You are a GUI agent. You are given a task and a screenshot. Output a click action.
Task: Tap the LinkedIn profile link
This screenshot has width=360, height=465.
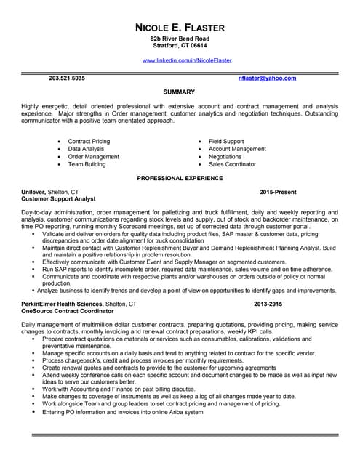pos(187,60)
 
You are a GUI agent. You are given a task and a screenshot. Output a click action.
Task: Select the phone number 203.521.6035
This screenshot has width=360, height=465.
pos(67,78)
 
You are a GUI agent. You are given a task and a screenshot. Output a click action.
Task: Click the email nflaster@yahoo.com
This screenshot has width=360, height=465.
pos(267,78)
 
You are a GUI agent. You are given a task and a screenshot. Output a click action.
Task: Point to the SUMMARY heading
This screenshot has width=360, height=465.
pos(179,92)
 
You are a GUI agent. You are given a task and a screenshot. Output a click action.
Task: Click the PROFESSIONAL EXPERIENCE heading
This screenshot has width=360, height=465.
pos(180,178)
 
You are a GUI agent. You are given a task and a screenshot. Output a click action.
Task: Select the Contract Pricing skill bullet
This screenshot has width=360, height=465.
pos(89,142)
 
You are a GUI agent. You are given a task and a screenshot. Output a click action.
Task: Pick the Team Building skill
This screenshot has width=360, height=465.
pos(87,164)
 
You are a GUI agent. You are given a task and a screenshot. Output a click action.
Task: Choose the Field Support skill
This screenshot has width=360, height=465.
pos(226,142)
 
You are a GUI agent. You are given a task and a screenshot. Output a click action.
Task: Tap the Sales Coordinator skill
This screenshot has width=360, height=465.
pos(232,164)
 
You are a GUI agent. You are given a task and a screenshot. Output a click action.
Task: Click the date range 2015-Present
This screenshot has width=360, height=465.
pos(278,192)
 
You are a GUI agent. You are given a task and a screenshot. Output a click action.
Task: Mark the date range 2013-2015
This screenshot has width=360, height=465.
pos(268,303)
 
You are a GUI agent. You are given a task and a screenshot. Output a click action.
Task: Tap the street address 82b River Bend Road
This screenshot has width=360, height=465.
pos(180,39)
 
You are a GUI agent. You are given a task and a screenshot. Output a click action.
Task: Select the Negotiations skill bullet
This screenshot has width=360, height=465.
pos(225,157)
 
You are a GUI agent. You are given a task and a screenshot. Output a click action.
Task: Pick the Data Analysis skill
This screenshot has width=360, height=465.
pos(86,149)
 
